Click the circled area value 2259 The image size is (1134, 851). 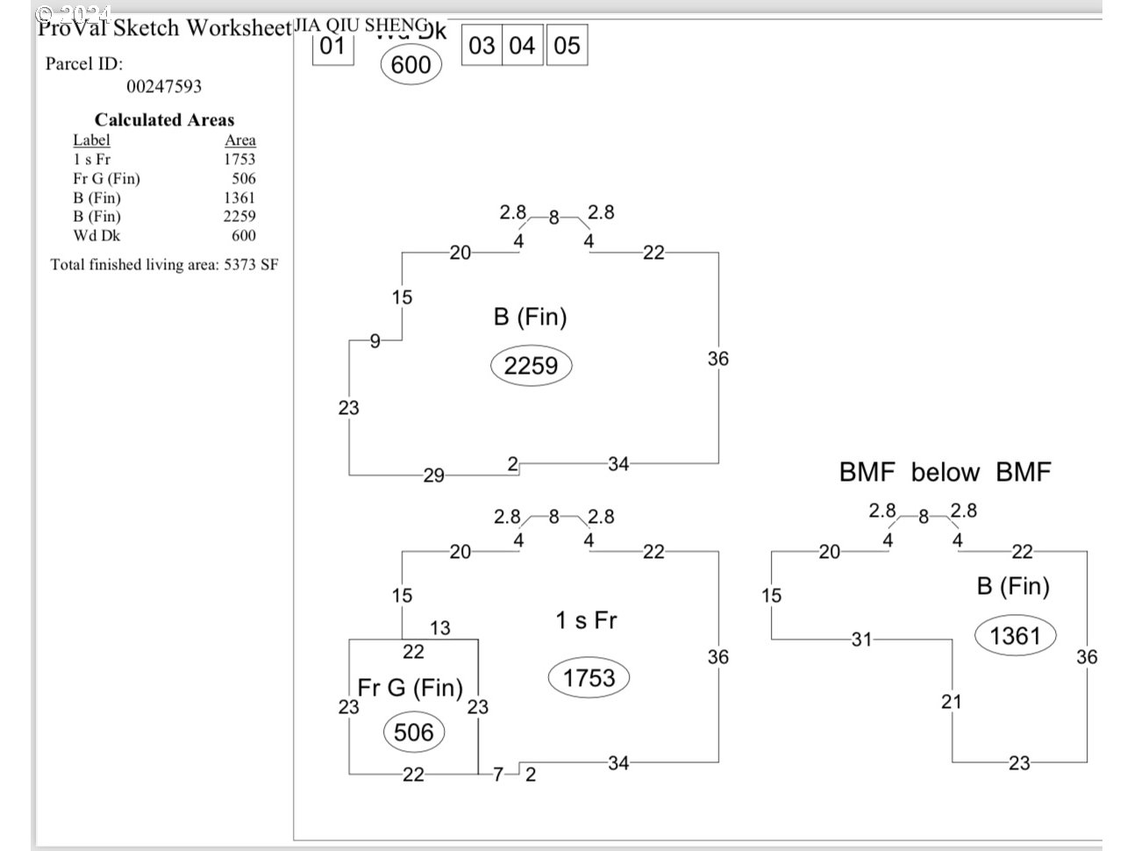(x=531, y=366)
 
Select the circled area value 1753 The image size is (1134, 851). (x=589, y=678)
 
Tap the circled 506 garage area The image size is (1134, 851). (x=413, y=733)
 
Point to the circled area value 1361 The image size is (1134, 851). (x=1015, y=635)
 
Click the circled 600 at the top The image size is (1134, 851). (x=410, y=66)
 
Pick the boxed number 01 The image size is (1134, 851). (x=332, y=46)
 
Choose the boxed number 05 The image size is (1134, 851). (x=567, y=46)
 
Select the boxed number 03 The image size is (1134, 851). (x=481, y=46)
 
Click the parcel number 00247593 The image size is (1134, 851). (x=164, y=86)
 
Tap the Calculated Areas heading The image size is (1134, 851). (x=164, y=120)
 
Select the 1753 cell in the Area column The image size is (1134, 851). (x=239, y=159)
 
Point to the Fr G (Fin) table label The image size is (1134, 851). (x=106, y=178)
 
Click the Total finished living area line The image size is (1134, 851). (x=164, y=264)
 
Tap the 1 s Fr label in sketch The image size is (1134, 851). (x=586, y=620)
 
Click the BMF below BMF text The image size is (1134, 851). (x=945, y=472)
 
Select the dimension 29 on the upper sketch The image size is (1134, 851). (x=433, y=476)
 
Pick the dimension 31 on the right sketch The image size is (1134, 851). (x=861, y=640)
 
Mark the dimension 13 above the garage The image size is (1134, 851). (x=439, y=627)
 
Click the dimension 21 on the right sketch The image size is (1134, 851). (x=952, y=701)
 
